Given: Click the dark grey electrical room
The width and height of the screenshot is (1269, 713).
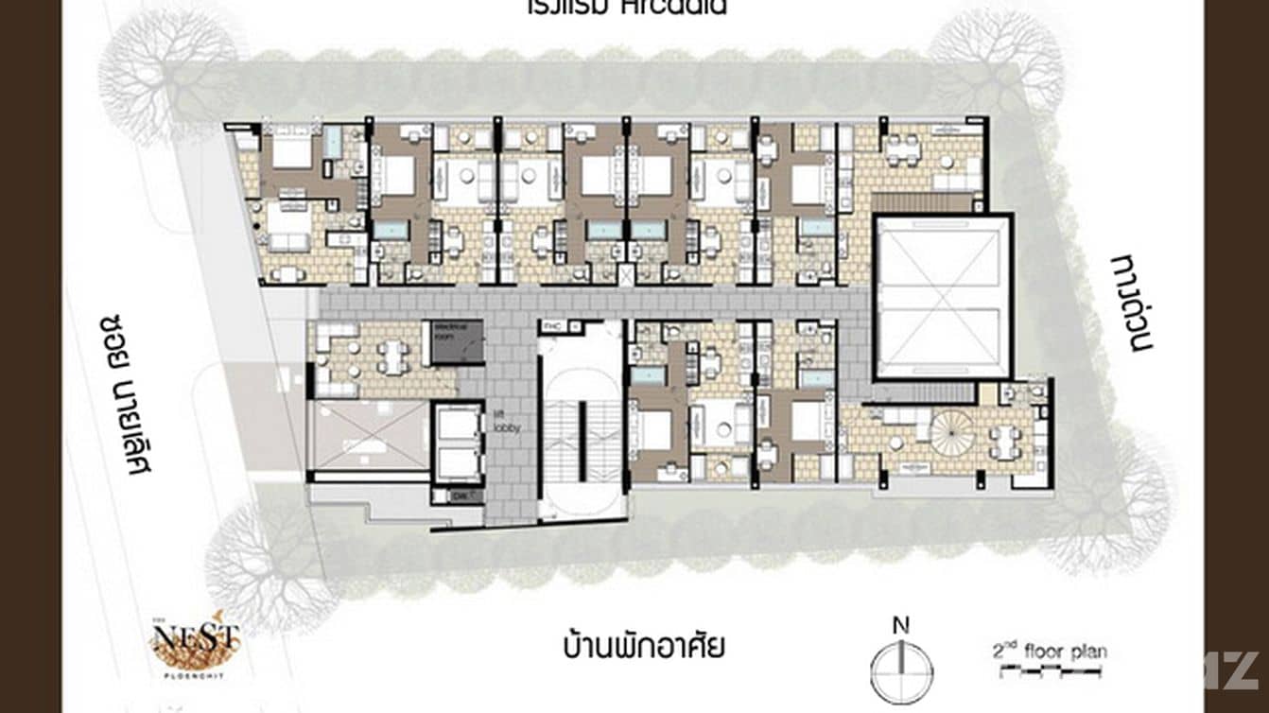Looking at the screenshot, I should click(458, 341).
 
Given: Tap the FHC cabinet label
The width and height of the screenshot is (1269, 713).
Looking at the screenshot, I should click(552, 326).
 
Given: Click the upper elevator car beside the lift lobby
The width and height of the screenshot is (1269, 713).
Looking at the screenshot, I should click(459, 425).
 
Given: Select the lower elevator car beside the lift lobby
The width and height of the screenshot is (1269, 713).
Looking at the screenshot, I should click(459, 461).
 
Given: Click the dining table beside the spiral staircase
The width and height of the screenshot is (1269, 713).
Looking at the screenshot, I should click(1004, 441).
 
